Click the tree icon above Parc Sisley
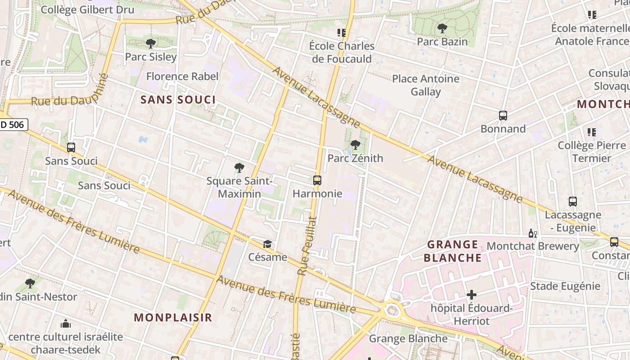pyautogui.click(x=151, y=44)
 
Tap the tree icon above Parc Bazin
pyautogui.click(x=442, y=28)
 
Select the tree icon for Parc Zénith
pyautogui.click(x=355, y=145)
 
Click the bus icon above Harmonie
pyautogui.click(x=317, y=180)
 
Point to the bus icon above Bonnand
pyautogui.click(x=503, y=116)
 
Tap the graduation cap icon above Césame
pyautogui.click(x=268, y=244)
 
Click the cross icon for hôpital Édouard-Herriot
pyautogui.click(x=472, y=295)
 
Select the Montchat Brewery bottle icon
pyautogui.click(x=532, y=234)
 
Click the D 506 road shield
pyautogui.click(x=13, y=125)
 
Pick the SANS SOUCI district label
pyautogui.click(x=178, y=99)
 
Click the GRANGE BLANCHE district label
pyautogui.click(x=453, y=251)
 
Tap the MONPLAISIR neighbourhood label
pyautogui.click(x=173, y=317)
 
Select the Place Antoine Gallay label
pyautogui.click(x=426, y=85)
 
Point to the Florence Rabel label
pyautogui.click(x=182, y=76)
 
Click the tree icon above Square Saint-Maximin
pyautogui.click(x=239, y=168)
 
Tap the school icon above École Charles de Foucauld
pyautogui.click(x=342, y=33)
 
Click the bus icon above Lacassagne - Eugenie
pyautogui.click(x=572, y=202)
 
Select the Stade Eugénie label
pyautogui.click(x=565, y=286)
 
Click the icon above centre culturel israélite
pyautogui.click(x=66, y=324)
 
